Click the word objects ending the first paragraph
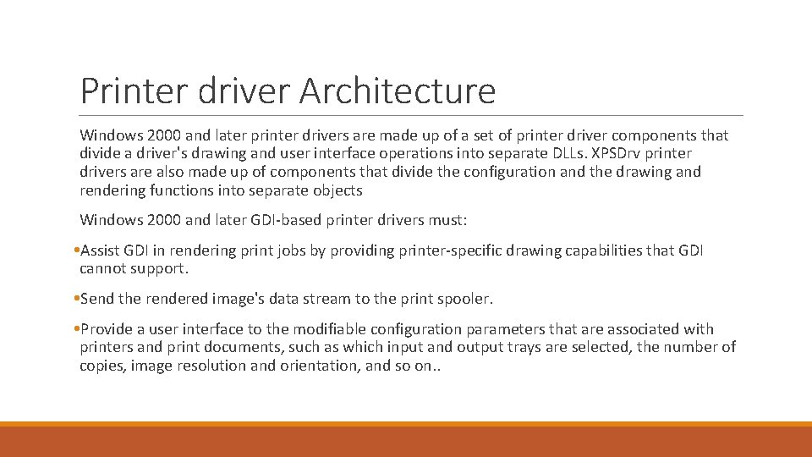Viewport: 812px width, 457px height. pos(335,190)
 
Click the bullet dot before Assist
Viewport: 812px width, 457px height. pos(76,251)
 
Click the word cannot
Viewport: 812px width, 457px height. pos(104,268)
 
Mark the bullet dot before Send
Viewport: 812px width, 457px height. pos(76,299)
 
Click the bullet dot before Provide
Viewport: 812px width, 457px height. pos(76,329)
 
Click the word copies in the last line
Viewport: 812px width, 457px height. pos(102,366)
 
